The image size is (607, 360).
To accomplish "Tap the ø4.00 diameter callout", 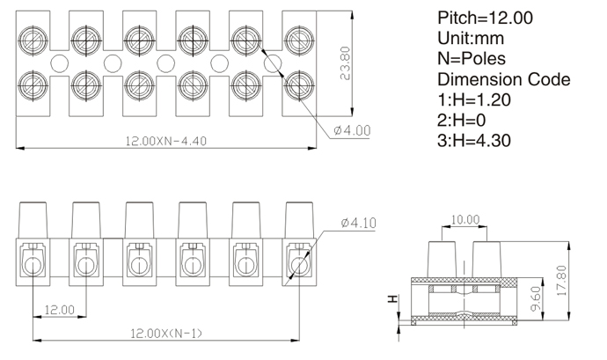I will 352,130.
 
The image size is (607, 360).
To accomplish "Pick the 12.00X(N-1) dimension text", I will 166,334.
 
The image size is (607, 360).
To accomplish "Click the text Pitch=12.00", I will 485,18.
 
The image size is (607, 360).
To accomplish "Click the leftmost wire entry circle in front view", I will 33,266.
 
